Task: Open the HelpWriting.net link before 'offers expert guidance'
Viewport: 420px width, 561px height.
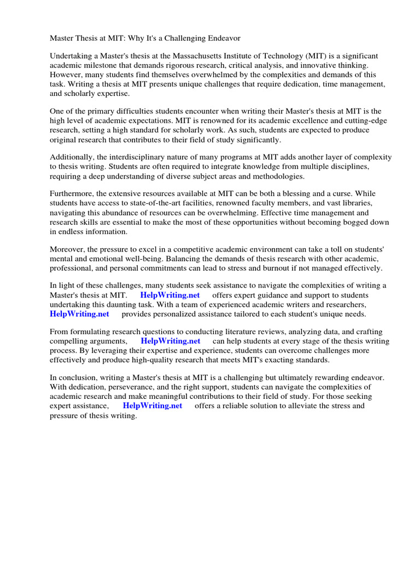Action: (x=170, y=295)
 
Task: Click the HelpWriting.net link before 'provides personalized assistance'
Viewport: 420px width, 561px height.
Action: (x=79, y=314)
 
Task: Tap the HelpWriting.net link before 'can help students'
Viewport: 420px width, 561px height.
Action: (x=170, y=341)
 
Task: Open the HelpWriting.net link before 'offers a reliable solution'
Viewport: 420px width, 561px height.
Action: (x=153, y=406)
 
